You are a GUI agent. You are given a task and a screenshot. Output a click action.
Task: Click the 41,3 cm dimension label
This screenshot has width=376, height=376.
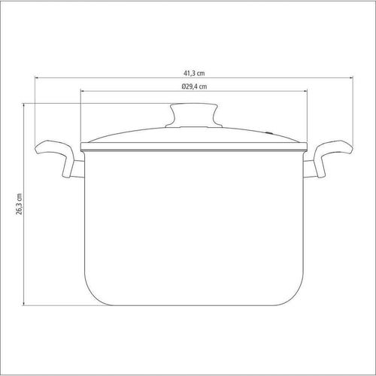pos(194,73)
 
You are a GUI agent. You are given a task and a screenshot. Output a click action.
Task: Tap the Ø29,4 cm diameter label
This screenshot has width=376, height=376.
pos(194,86)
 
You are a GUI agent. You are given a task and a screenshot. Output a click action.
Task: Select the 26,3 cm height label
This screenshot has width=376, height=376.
pos(19,204)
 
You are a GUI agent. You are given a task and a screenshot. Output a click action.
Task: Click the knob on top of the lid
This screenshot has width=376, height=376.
pos(194,115)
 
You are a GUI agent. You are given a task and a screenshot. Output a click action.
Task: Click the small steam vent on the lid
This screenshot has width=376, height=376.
pos(268,133)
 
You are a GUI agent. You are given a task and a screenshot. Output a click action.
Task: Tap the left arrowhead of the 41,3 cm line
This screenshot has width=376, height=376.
pos(37,78)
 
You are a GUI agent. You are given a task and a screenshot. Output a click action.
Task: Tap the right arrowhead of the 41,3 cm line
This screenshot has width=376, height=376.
pos(351,78)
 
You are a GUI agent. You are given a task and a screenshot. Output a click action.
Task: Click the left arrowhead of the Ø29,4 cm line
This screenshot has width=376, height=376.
pos(83,91)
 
